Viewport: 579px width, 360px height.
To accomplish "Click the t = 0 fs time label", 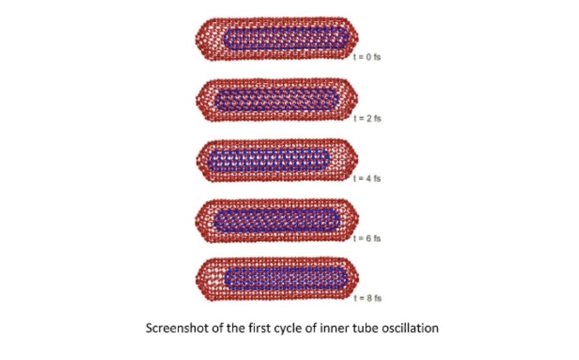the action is [367, 57].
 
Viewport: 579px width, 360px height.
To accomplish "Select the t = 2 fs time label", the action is [367, 118].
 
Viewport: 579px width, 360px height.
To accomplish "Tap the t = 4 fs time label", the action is [367, 179].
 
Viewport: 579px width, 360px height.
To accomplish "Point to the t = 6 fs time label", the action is [367, 239].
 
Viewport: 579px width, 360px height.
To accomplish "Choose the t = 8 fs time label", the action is [367, 298].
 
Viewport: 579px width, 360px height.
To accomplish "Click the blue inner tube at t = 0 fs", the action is [286, 39].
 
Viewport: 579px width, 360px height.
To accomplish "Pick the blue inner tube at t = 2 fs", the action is [276, 100].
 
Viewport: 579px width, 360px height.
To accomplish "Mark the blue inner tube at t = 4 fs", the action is [269, 161].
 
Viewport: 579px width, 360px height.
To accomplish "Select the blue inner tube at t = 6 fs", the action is [277, 221].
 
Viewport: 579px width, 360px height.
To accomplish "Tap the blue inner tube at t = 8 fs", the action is [286, 279].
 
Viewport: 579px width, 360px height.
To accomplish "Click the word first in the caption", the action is [257, 328].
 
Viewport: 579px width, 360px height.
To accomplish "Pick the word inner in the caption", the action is [335, 328].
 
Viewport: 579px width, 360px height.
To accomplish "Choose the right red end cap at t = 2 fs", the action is [349, 100].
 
